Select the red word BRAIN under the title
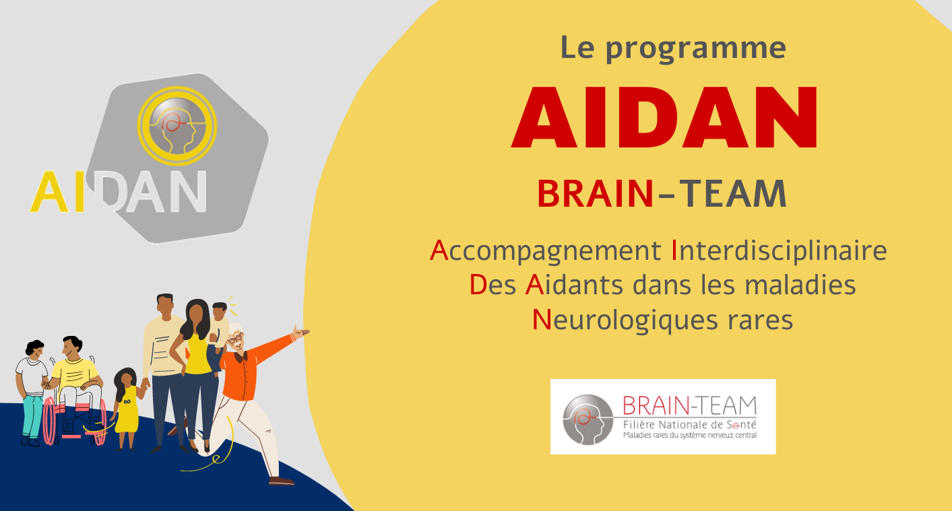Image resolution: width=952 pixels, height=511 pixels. pos(595,194)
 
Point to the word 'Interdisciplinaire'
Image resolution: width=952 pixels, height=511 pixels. pos(779,251)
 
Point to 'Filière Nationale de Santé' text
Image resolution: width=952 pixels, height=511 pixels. pos(689,424)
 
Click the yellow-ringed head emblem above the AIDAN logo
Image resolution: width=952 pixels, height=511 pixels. pos(177,125)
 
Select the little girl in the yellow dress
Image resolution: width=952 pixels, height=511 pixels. pos(125,404)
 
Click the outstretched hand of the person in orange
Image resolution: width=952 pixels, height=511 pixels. pos(300,332)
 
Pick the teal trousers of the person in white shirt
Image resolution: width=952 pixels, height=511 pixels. pos(32,414)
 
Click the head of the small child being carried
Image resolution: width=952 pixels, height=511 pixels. pos(220,311)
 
